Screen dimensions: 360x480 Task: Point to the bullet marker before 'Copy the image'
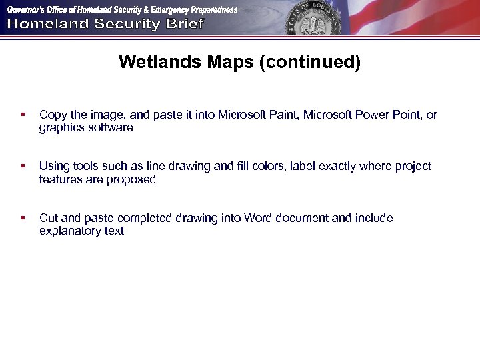[x=23, y=115]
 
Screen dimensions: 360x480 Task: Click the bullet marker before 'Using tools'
[x=23, y=167]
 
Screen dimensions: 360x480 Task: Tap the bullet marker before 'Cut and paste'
[x=23, y=219]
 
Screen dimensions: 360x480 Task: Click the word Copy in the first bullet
[x=52, y=115]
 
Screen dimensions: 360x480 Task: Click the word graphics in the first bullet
[x=61, y=127]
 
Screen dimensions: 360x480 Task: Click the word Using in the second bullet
[x=53, y=166]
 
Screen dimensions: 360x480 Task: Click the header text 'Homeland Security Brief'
[x=106, y=25]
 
